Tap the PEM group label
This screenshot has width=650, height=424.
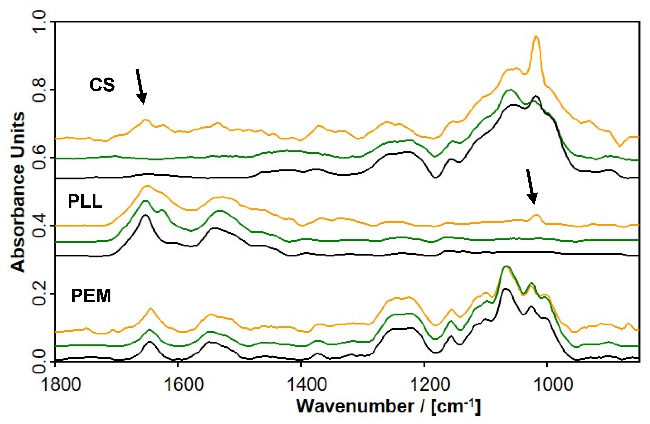[x=91, y=296]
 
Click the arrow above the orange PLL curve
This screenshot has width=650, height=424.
[x=531, y=187]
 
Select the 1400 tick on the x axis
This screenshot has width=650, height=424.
[x=301, y=384]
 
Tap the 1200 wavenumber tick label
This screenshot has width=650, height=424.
[x=424, y=384]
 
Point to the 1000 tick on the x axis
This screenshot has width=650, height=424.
[x=547, y=384]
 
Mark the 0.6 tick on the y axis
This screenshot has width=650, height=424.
[x=40, y=158]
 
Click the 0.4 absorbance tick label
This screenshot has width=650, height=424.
[x=40, y=226]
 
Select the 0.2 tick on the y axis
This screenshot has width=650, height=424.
[x=40, y=294]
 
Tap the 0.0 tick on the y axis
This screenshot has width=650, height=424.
[x=40, y=361]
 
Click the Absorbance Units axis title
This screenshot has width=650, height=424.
[x=18, y=191]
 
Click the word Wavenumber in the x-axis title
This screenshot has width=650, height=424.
[x=355, y=406]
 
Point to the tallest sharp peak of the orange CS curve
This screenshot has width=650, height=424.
[x=536, y=37]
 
